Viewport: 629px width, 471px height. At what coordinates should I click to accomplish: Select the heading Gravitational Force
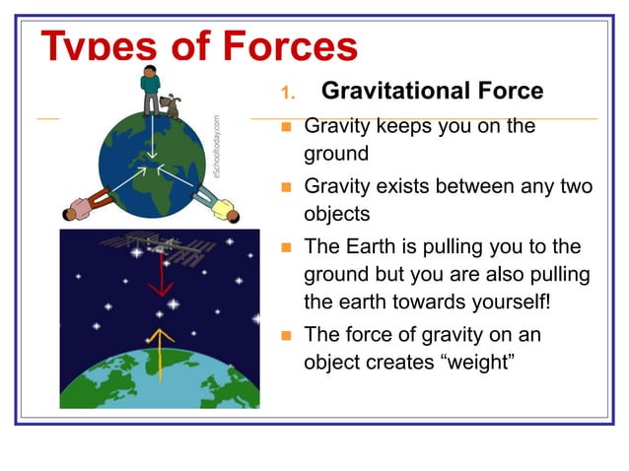pyautogui.click(x=432, y=92)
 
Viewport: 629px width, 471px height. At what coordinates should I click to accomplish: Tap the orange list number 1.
pyautogui.click(x=287, y=94)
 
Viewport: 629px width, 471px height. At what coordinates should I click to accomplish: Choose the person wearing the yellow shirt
pyautogui.click(x=220, y=205)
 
